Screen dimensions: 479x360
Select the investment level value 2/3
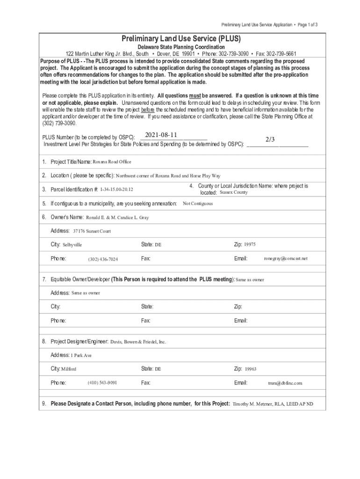point(270,139)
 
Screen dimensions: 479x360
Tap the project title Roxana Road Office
point(112,162)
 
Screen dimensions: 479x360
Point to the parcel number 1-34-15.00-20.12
point(116,189)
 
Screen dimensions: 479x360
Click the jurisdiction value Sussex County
point(234,192)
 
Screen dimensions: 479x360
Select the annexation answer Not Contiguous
point(198,203)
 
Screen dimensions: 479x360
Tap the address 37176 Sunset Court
point(92,231)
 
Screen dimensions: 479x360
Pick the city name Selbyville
point(72,245)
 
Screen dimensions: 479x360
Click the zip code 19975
point(250,244)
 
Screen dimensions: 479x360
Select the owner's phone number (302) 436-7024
point(103,259)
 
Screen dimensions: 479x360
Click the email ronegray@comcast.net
point(286,258)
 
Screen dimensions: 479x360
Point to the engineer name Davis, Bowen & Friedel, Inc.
point(138,342)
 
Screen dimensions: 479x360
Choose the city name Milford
point(69,369)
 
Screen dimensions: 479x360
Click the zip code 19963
point(251,369)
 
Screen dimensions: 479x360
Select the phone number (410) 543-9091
point(102,383)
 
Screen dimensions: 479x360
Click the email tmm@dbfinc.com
point(285,383)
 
